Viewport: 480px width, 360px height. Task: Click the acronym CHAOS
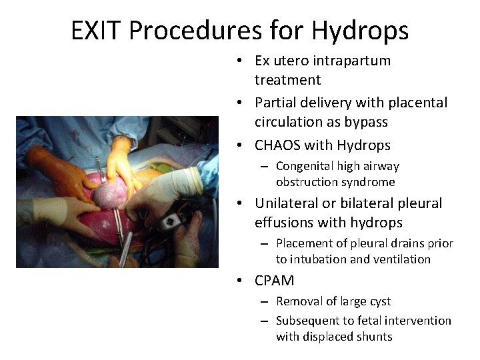pyautogui.click(x=277, y=145)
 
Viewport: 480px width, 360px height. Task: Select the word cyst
pyautogui.click(x=378, y=301)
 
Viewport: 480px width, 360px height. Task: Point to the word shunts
pyautogui.click(x=373, y=337)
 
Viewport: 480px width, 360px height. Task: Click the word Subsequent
pyautogui.click(x=307, y=321)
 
